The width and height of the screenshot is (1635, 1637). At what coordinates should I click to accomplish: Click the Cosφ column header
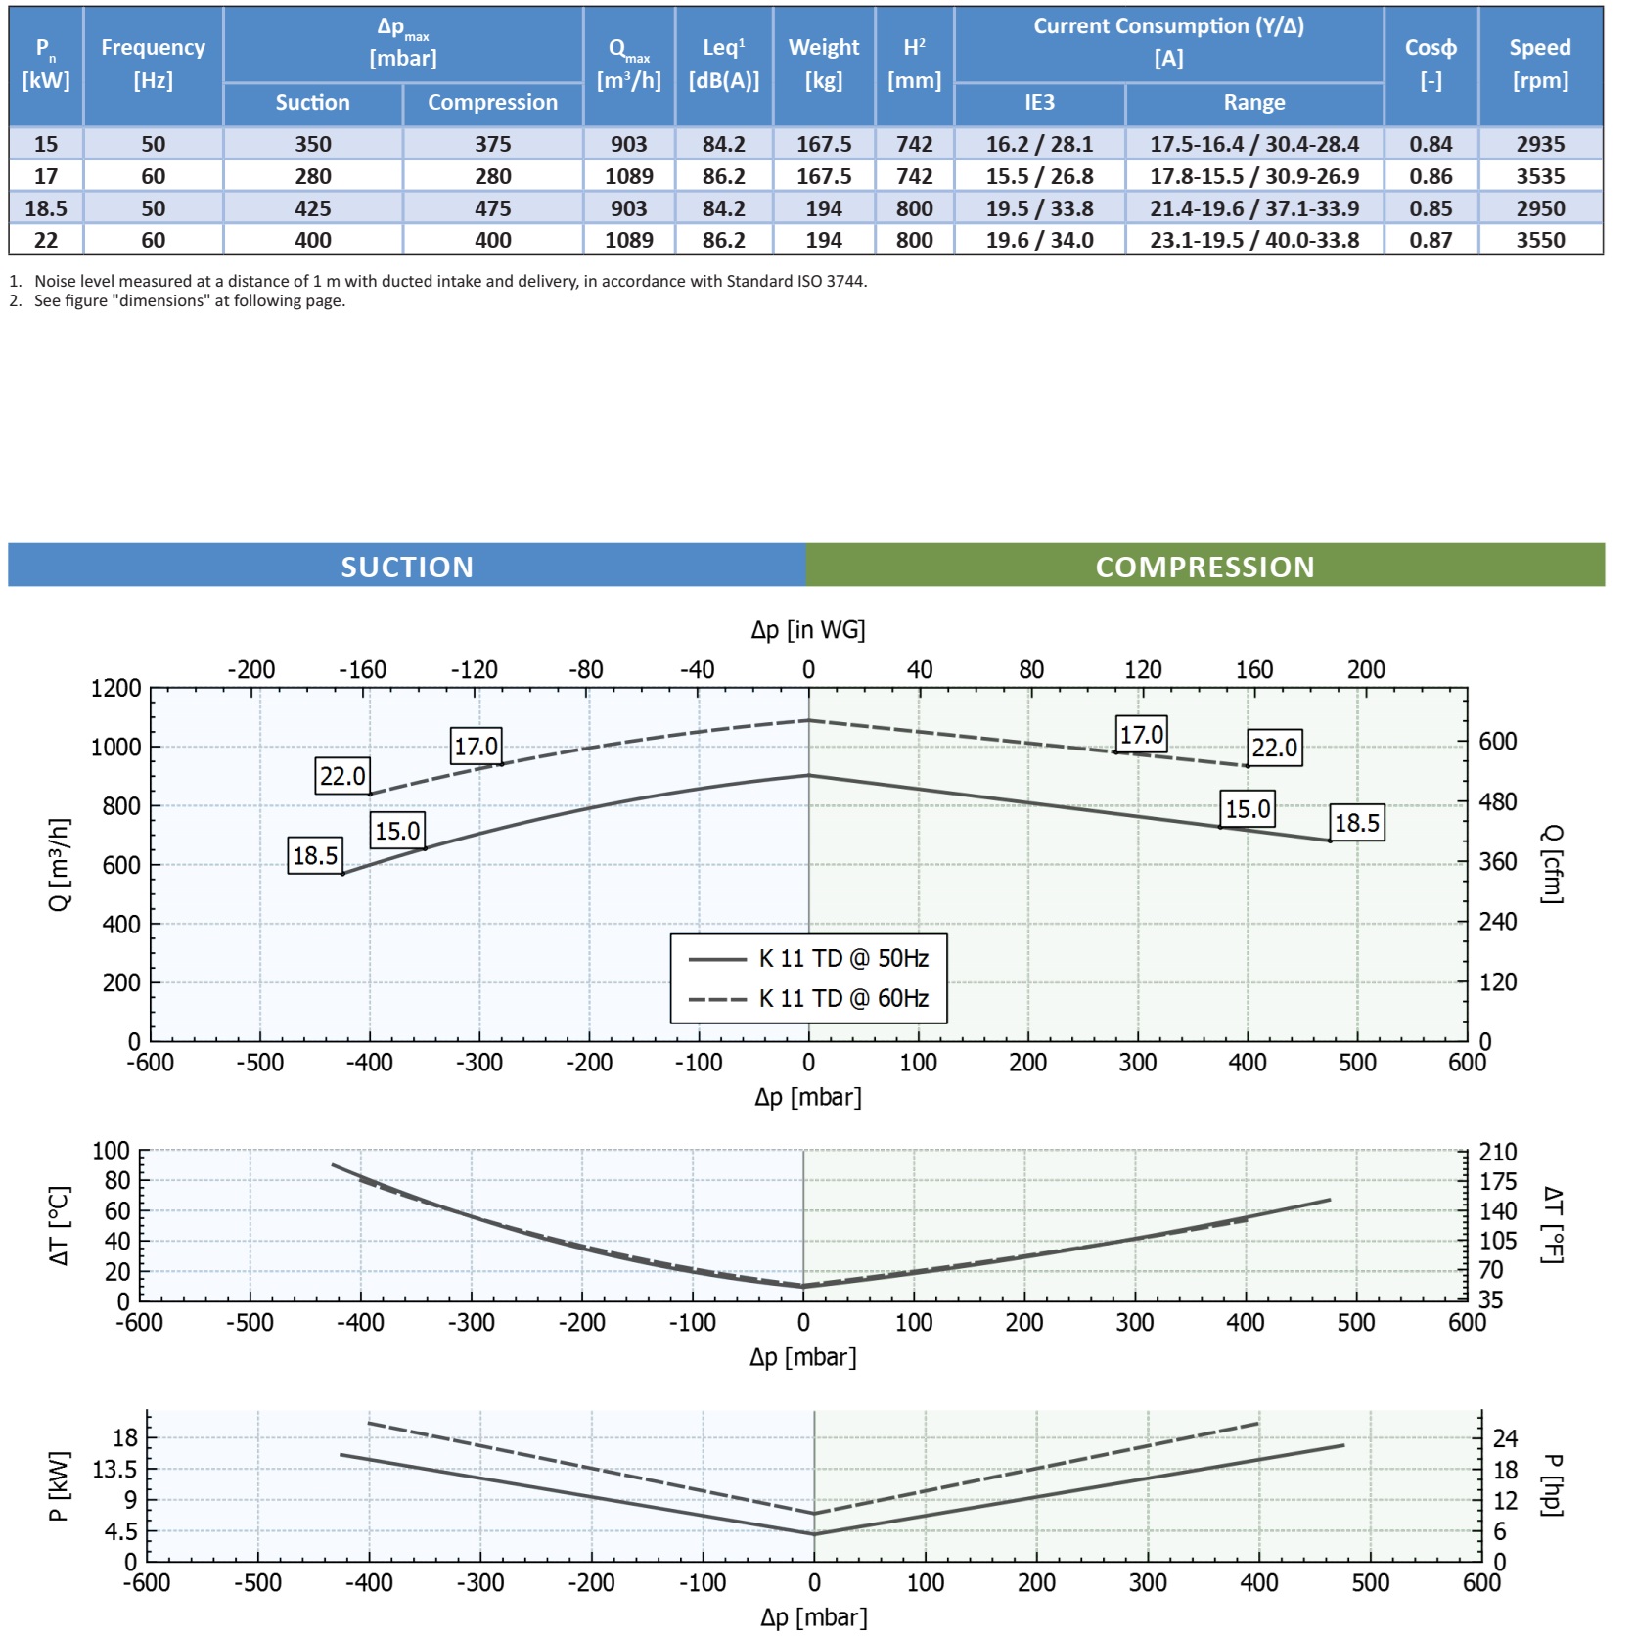(x=1430, y=64)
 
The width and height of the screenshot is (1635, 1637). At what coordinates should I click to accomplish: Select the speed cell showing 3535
(x=1540, y=176)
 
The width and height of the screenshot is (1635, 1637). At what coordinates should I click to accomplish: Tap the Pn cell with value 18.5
(x=46, y=208)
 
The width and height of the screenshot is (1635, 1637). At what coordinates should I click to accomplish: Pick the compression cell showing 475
(x=492, y=208)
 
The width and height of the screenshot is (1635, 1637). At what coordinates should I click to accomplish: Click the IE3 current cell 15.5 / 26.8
(x=1039, y=176)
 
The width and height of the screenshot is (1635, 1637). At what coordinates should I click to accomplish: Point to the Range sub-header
(x=1253, y=103)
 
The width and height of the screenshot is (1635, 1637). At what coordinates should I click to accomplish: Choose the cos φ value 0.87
(x=1430, y=240)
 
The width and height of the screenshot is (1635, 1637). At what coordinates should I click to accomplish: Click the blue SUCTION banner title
(x=407, y=567)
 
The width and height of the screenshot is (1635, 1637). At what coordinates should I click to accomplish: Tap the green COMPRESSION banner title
(x=1204, y=567)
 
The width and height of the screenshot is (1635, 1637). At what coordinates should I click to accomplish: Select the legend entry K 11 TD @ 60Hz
(x=843, y=998)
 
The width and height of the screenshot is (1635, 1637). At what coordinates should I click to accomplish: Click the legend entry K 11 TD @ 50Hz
(x=843, y=958)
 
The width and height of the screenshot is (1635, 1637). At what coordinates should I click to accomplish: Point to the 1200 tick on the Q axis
(x=115, y=688)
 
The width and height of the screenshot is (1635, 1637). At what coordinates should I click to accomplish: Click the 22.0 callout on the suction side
(x=342, y=776)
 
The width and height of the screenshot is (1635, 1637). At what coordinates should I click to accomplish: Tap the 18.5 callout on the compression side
(x=1357, y=823)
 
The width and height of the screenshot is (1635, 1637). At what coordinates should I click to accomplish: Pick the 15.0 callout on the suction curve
(x=397, y=831)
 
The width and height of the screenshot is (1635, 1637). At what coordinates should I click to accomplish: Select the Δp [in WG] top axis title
(x=807, y=629)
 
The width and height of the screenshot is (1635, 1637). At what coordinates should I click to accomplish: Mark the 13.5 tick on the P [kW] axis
(x=115, y=1470)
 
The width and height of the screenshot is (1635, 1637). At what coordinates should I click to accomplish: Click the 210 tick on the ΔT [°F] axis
(x=1497, y=1152)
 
